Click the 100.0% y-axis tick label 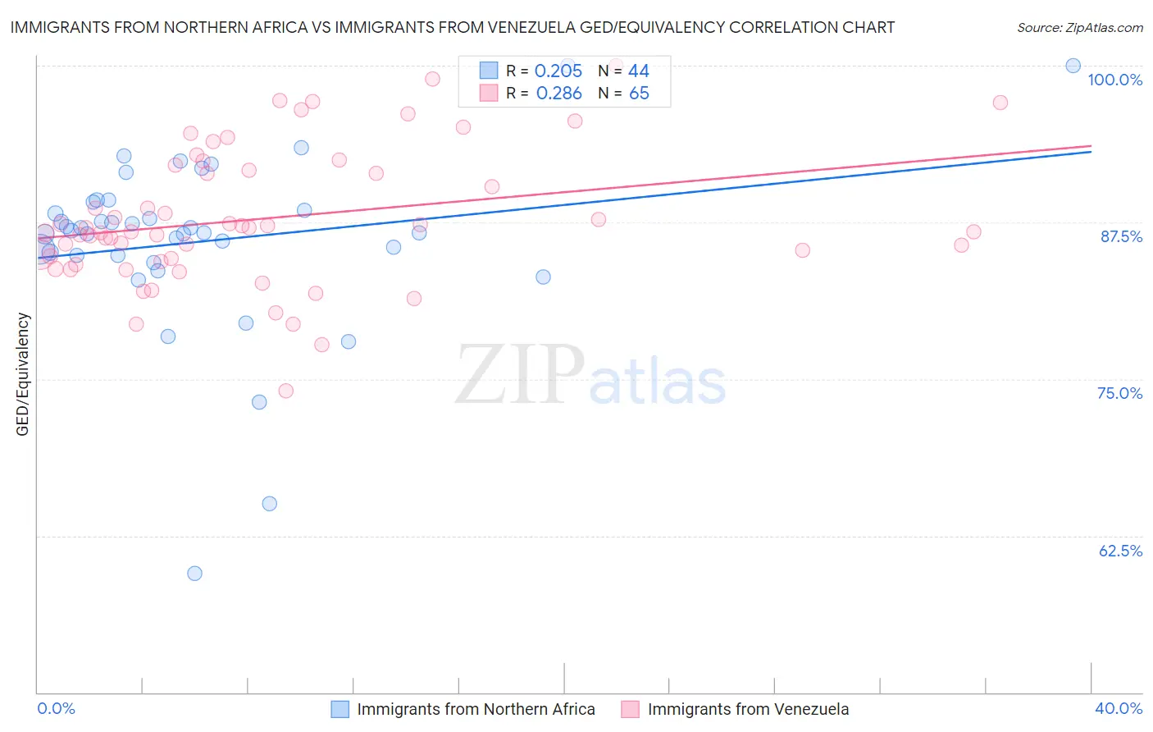(1114, 80)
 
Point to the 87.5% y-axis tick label (1121, 236)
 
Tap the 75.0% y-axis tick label (1119, 393)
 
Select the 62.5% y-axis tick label (1120, 551)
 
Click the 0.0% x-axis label (56, 708)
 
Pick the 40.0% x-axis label (1119, 708)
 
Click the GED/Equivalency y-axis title (23, 374)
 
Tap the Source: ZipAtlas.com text (1079, 28)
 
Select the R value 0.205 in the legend (558, 71)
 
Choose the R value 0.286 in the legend (558, 94)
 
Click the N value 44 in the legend (638, 71)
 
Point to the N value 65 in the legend (639, 94)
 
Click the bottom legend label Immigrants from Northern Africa (476, 709)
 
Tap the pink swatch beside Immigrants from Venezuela (630, 709)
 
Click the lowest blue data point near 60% (194, 574)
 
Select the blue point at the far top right (1073, 66)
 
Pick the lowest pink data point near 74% (285, 391)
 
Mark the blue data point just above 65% (269, 504)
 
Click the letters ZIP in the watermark (519, 375)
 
